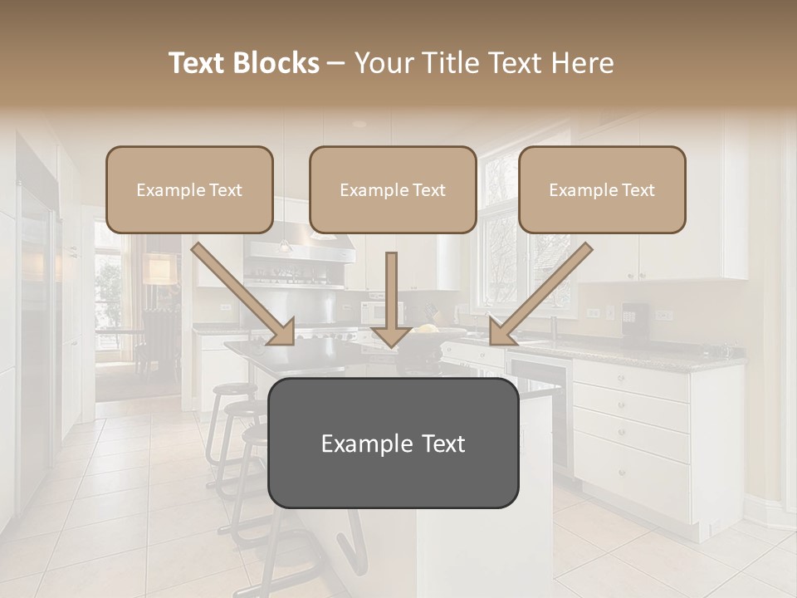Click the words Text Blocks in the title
(x=244, y=63)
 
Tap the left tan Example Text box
(x=189, y=190)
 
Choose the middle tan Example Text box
(x=393, y=190)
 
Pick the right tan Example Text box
(x=602, y=190)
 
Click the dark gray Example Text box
(x=393, y=443)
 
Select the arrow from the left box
(x=245, y=294)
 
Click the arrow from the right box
(x=540, y=294)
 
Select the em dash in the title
(x=336, y=63)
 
